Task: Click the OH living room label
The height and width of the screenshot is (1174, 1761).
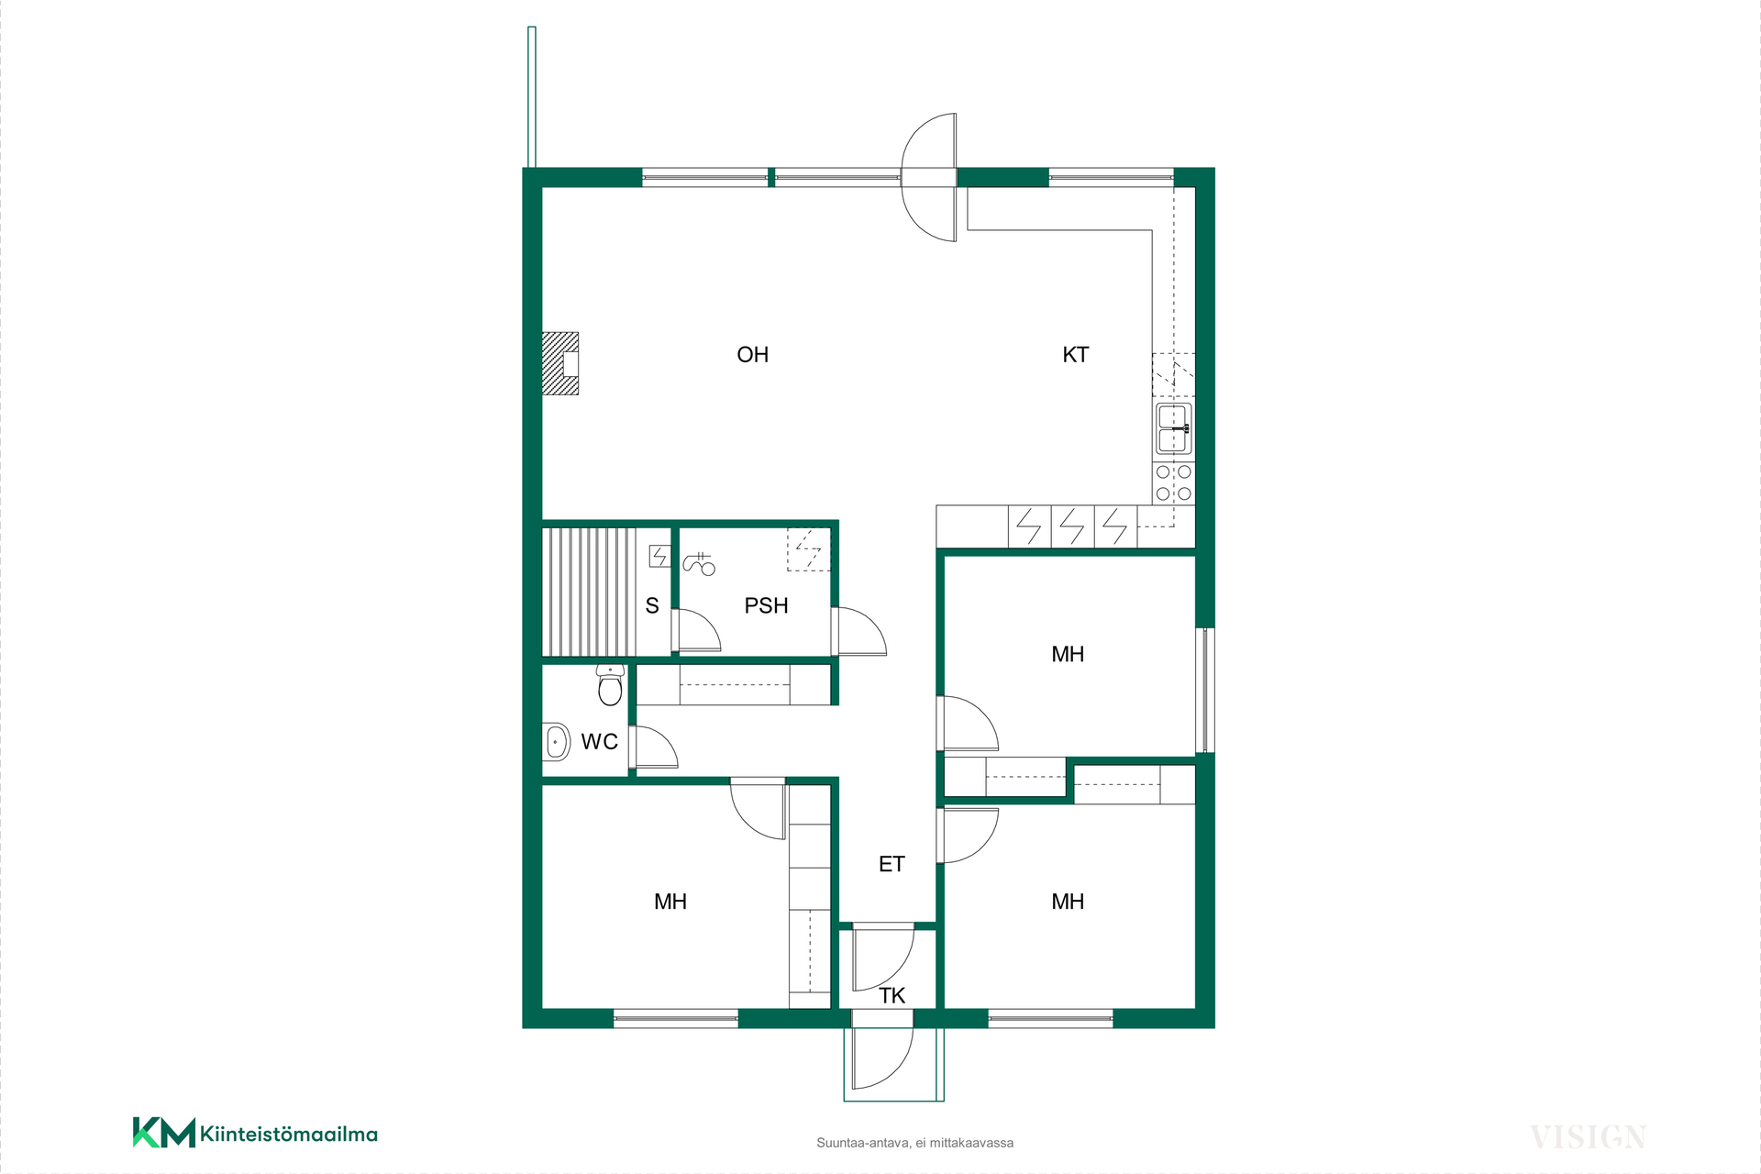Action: [x=752, y=355]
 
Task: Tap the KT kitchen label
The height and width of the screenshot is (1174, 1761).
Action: [x=1075, y=355]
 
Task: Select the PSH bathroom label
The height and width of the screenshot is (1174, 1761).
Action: [x=766, y=605]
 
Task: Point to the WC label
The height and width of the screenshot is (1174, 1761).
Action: [x=599, y=741]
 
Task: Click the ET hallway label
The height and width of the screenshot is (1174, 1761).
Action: [x=892, y=864]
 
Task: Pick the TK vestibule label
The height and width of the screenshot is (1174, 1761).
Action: [x=892, y=996]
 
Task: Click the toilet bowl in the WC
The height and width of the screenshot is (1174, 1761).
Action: [x=610, y=685]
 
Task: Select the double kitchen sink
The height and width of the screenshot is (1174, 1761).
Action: [x=1174, y=428]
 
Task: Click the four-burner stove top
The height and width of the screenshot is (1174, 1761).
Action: [x=1174, y=482]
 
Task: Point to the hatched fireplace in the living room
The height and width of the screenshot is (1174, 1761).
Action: [x=560, y=363]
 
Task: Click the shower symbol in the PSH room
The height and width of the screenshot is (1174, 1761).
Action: [x=699, y=563]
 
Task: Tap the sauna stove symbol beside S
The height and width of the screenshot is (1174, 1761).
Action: [x=659, y=556]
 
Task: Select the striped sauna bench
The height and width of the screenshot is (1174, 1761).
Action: [x=589, y=592]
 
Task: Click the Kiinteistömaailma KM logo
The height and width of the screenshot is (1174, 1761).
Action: [x=255, y=1133]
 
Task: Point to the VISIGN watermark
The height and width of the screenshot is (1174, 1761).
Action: [x=1589, y=1137]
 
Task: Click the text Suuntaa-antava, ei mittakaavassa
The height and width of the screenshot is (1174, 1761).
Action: [x=914, y=1143]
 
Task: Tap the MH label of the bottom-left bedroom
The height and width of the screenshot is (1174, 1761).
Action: [x=670, y=902]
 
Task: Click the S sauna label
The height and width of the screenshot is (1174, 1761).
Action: [x=652, y=605]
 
